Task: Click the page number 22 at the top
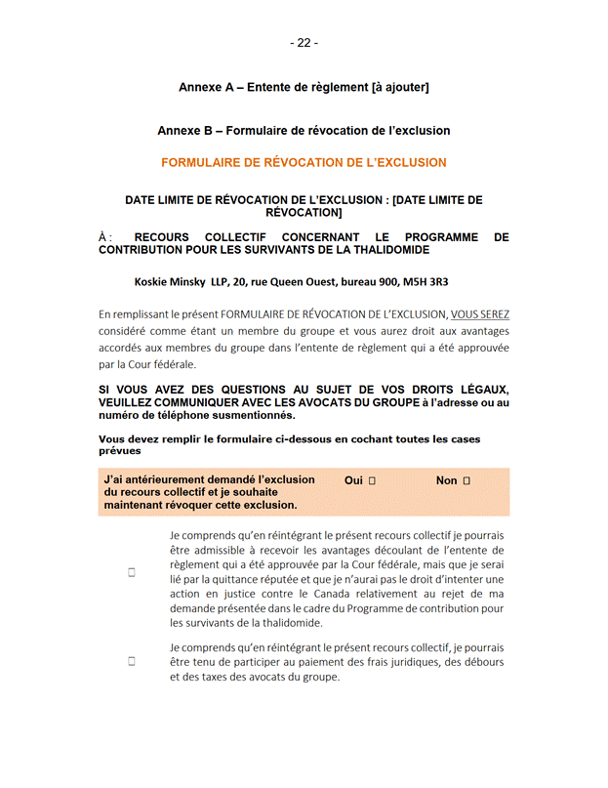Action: pyautogui.click(x=304, y=43)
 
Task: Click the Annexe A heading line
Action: pyautogui.click(x=304, y=88)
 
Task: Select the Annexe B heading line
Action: pyautogui.click(x=304, y=130)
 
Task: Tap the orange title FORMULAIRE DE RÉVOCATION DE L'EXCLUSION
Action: pyautogui.click(x=304, y=163)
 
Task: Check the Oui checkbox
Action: pyautogui.click(x=373, y=481)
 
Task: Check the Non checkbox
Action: pyautogui.click(x=467, y=481)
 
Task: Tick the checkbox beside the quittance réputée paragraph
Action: pyautogui.click(x=131, y=573)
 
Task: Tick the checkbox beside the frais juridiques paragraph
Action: pyautogui.click(x=131, y=661)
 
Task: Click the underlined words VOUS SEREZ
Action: pyautogui.click(x=479, y=314)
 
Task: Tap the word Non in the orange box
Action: pyautogui.click(x=446, y=480)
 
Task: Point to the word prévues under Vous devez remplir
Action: pyautogui.click(x=120, y=451)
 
